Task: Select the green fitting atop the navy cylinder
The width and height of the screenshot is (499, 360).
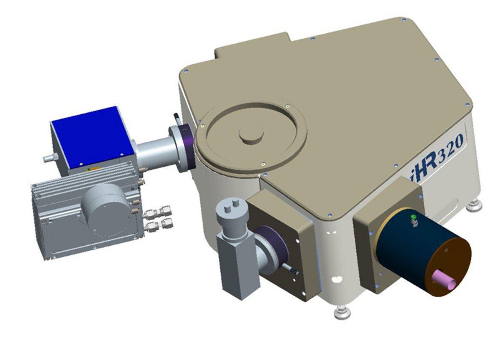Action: (x=413, y=218)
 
